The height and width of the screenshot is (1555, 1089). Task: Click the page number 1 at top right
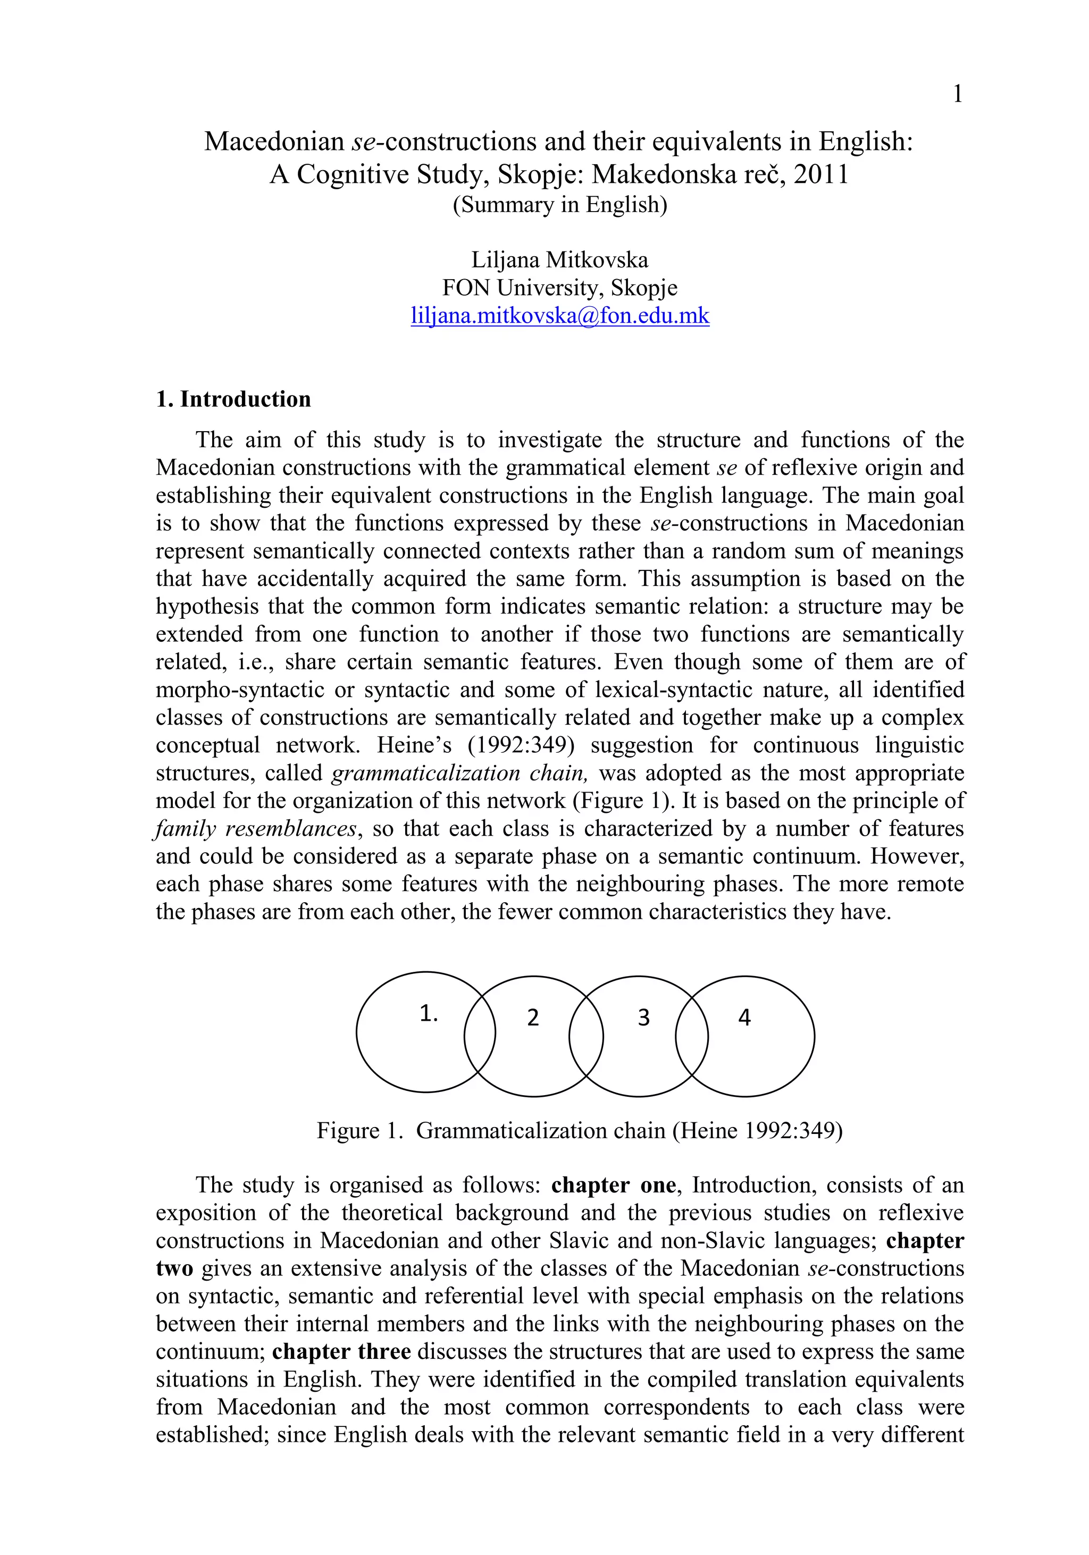[x=957, y=94]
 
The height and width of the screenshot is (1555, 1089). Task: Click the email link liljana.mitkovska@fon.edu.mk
[x=559, y=316]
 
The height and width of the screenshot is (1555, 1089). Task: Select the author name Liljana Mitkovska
[x=559, y=259]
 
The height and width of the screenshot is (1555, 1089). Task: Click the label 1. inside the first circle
[x=429, y=1013]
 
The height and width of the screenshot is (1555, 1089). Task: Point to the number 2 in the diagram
[x=532, y=1017]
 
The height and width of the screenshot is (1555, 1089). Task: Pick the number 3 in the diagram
[x=643, y=1017]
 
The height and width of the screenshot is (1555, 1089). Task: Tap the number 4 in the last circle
[x=744, y=1017]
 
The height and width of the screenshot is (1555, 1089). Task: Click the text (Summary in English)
[x=559, y=205]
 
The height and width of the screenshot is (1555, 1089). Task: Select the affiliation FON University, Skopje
[x=559, y=288]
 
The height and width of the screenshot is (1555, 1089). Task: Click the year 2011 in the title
[x=821, y=175]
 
